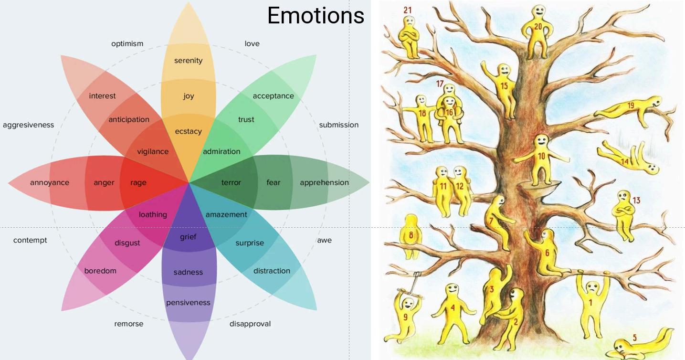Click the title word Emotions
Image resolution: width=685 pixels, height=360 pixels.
tap(316, 15)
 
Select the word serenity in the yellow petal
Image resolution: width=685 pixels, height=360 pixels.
tap(188, 61)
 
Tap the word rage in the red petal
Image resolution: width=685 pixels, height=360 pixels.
tap(138, 182)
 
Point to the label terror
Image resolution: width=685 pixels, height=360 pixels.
tap(231, 182)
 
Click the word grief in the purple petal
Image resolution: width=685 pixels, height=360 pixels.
tap(188, 237)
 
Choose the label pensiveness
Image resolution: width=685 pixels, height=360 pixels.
tap(188, 303)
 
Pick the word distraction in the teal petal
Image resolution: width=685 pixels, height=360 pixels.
tap(272, 271)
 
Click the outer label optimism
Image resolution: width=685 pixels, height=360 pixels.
tap(127, 43)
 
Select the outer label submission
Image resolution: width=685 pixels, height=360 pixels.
tap(338, 125)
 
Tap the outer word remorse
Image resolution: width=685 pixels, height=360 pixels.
tap(128, 324)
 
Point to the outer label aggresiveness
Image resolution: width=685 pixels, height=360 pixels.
tap(28, 125)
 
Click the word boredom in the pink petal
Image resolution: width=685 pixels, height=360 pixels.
tap(100, 271)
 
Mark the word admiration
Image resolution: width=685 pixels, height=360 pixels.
tap(221, 151)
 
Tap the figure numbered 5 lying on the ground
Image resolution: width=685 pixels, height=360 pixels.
tap(640, 341)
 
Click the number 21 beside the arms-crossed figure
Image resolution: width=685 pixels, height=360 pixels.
tap(407, 10)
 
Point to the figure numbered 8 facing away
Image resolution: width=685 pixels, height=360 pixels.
tap(411, 236)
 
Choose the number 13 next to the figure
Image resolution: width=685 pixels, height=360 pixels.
tap(636, 201)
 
